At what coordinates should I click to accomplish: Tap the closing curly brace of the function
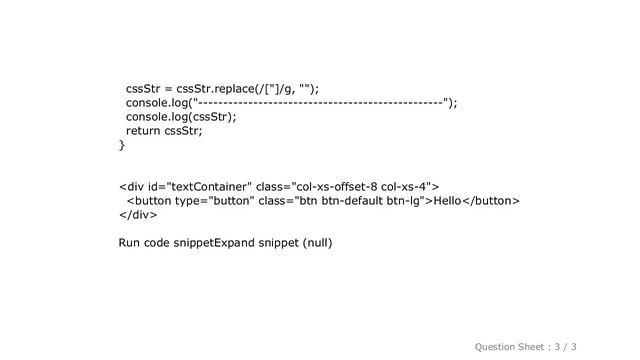click(x=122, y=146)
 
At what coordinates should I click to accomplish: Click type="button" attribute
click(x=203, y=201)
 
